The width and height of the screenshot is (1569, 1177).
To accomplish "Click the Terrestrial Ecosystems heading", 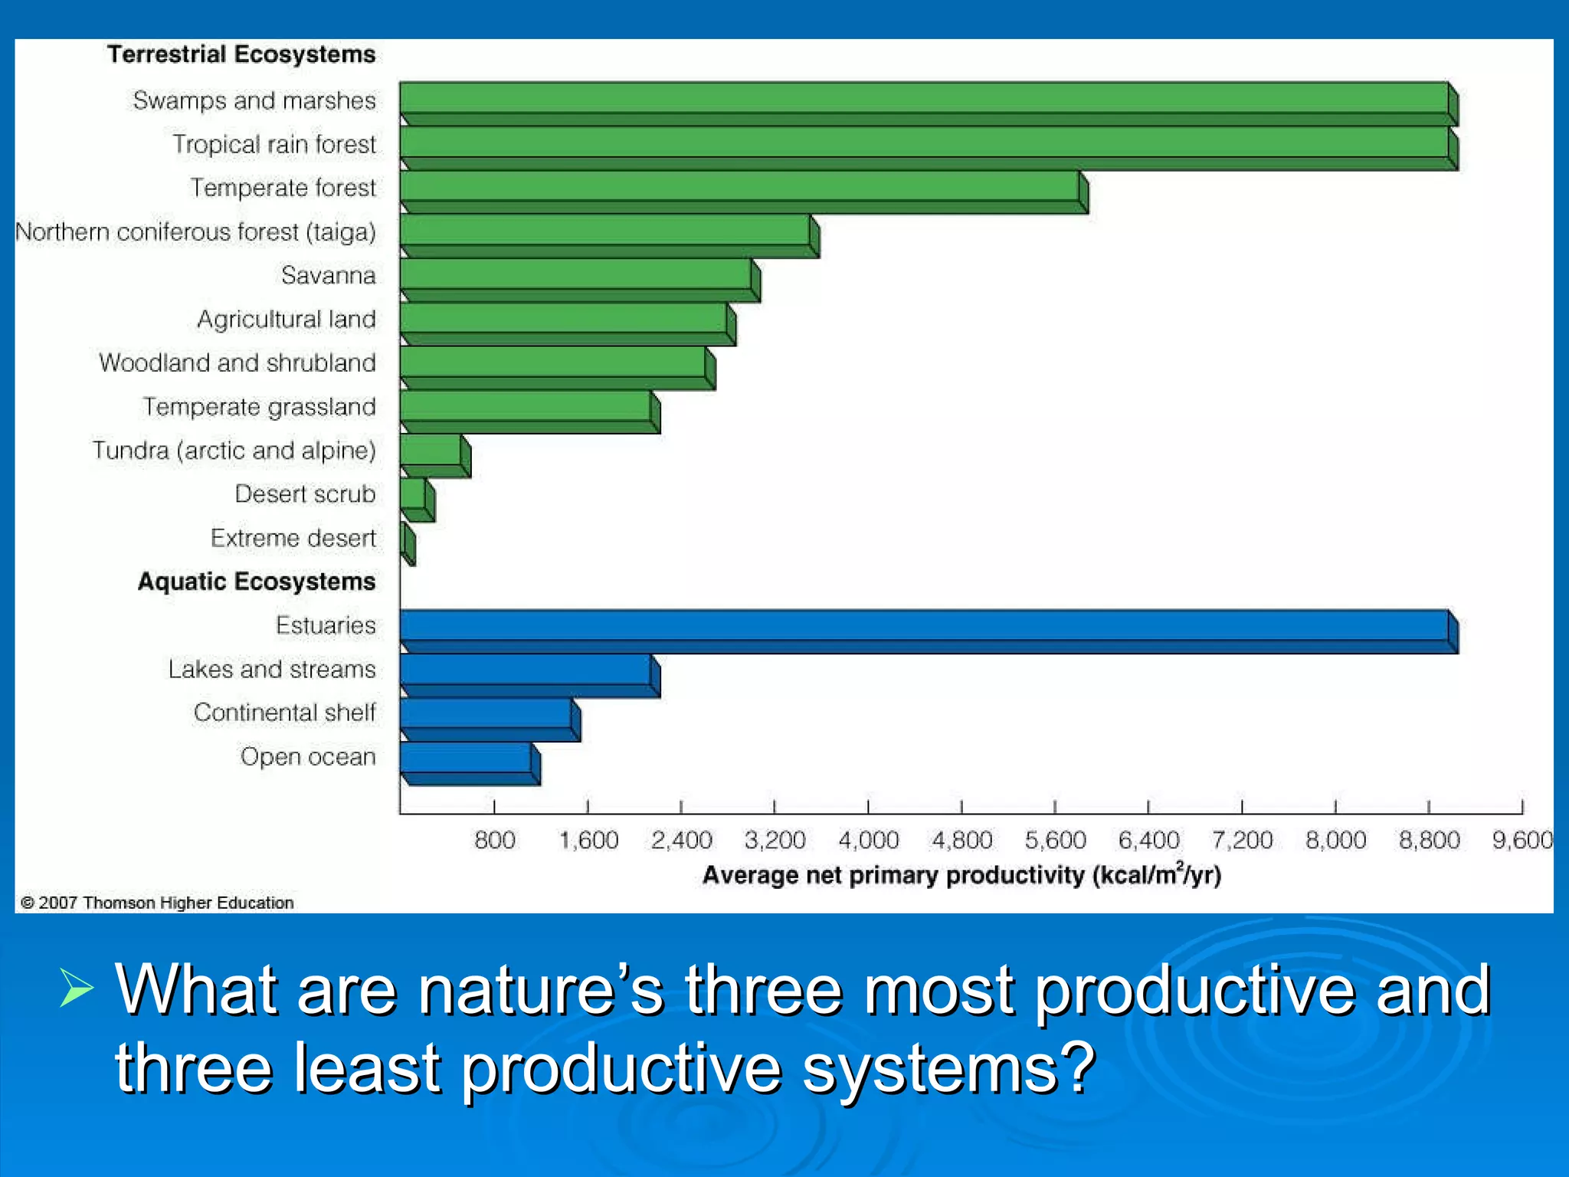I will coord(241,54).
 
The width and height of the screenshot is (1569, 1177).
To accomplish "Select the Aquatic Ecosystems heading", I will coord(257,582).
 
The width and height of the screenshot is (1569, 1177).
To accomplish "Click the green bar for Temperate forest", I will coord(740,187).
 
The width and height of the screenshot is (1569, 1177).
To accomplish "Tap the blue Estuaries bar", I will coord(924,626).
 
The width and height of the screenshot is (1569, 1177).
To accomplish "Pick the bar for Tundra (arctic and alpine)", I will coord(431,451).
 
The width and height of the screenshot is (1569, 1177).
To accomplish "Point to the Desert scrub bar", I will coord(414,495).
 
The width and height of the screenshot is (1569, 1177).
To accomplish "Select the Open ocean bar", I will coord(466,759).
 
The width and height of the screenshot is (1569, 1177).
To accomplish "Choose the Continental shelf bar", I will coord(486,714).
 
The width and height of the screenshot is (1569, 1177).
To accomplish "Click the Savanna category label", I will coord(328,275).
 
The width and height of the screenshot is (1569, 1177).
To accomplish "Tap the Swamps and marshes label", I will coord(254,100).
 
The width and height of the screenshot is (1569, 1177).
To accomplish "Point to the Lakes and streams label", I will coord(272,669).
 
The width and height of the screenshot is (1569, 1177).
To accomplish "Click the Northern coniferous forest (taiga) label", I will coord(196,231).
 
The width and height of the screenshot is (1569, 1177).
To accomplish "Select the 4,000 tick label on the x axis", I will coord(868,841).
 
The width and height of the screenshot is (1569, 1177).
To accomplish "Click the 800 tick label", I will coord(494,841).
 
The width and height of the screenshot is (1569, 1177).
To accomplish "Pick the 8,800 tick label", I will coord(1429,841).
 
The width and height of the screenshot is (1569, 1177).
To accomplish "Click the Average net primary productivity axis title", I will coord(961,874).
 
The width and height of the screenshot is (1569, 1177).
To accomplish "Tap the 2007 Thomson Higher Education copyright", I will coord(157,903).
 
